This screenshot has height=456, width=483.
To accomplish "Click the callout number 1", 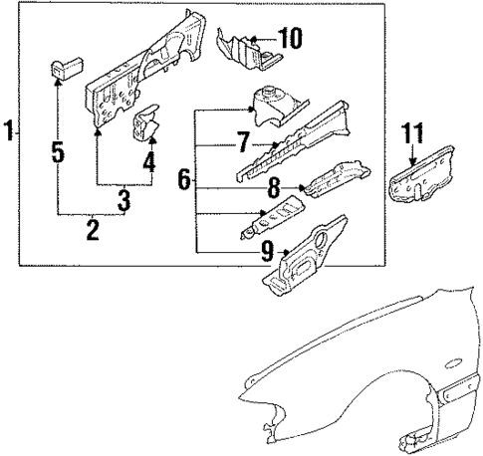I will (9, 131).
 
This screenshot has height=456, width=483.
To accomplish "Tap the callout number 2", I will (93, 231).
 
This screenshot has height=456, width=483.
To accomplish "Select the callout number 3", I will (123, 200).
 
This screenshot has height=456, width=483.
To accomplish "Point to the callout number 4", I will (149, 160).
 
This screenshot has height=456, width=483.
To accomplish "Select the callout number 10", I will (289, 40).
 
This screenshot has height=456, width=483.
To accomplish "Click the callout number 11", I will (412, 130).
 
